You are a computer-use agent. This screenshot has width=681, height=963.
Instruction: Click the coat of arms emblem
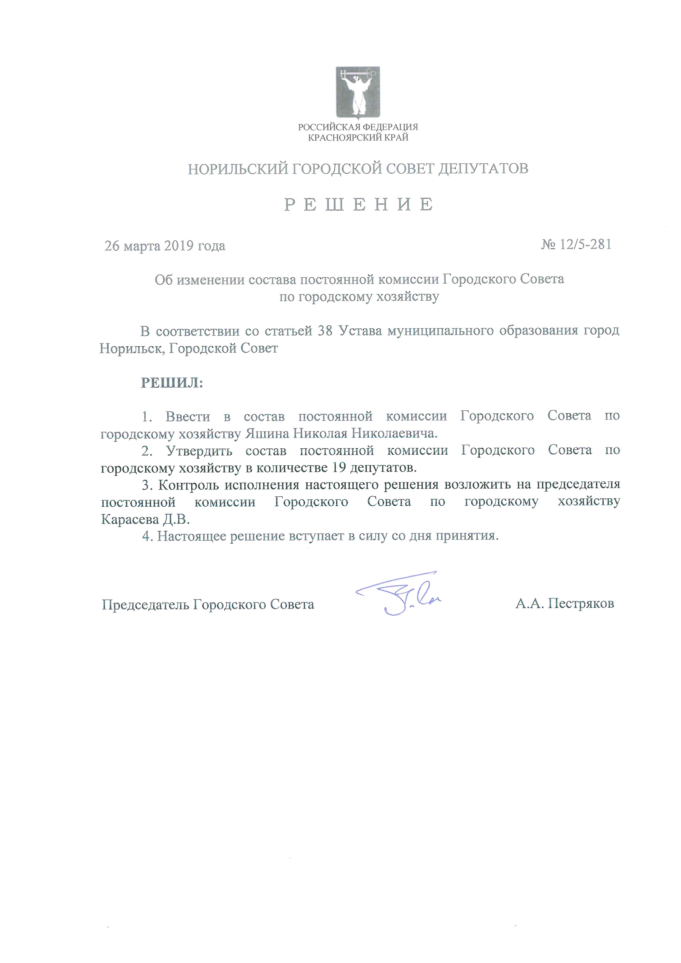pyautogui.click(x=357, y=92)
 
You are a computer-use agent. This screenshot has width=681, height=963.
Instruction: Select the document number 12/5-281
pyautogui.click(x=585, y=244)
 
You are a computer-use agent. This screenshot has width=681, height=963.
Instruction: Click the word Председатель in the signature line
pyautogui.click(x=146, y=604)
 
